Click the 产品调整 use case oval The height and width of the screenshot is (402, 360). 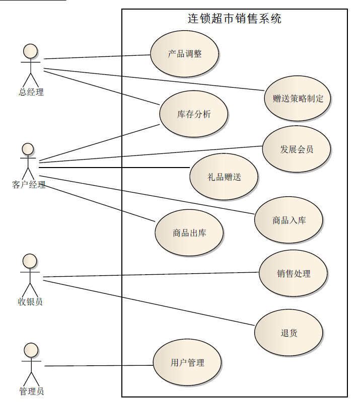(184, 54)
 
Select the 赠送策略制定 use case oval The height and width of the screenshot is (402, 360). (298, 99)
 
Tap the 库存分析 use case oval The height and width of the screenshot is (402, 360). (193, 114)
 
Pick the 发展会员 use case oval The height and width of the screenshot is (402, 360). (296, 149)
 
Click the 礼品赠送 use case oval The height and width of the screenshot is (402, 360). (224, 177)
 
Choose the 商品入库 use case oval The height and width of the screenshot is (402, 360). (289, 220)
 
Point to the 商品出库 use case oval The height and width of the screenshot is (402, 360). (189, 232)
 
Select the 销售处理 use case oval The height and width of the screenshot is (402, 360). (293, 274)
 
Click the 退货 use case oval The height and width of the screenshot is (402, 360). (289, 333)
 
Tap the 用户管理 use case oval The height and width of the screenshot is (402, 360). (187, 362)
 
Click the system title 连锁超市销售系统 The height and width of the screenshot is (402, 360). (234, 19)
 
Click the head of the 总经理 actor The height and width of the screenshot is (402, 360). (31, 51)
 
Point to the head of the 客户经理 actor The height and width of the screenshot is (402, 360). (28, 149)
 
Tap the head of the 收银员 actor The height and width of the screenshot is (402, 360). (30, 261)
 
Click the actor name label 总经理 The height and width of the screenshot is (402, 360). (31, 92)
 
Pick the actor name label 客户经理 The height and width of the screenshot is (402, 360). (29, 185)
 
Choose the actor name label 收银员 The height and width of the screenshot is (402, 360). (30, 302)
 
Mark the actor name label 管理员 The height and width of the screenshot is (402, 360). (31, 391)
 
